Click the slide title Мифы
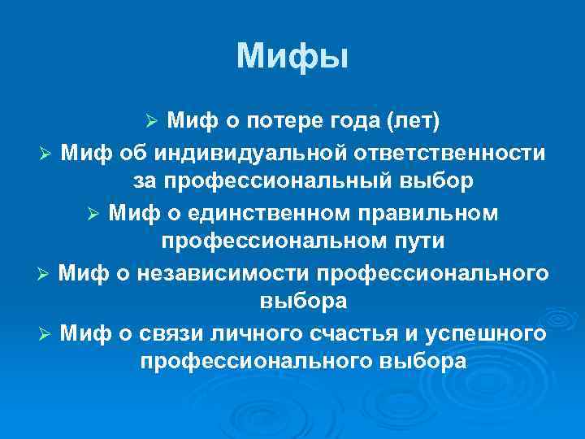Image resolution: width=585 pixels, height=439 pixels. pyautogui.click(x=292, y=57)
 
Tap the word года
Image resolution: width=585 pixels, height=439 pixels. pyautogui.click(x=354, y=121)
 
